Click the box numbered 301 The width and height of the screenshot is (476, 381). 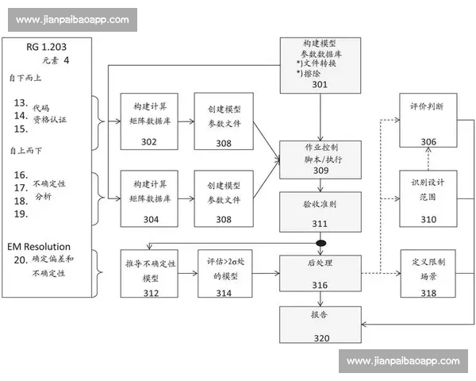coord(320,63)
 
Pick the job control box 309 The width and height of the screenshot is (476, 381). coord(320,160)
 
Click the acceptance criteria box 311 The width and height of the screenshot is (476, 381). coord(320,211)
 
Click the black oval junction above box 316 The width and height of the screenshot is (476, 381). coord(321,242)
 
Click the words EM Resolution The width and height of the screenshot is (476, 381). coord(39,247)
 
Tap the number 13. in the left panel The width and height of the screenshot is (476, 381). coord(21,102)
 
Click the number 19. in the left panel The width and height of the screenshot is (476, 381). coord(21,214)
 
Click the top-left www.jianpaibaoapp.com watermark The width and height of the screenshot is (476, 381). coord(72,20)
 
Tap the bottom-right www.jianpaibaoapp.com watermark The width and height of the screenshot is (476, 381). coord(403,361)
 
